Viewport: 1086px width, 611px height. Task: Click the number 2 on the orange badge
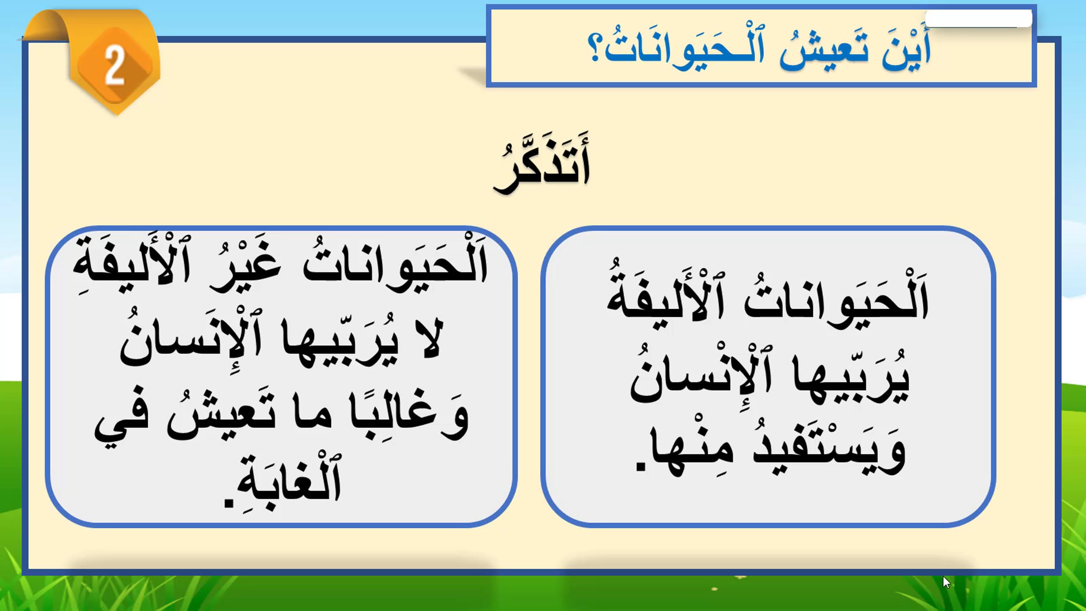(x=114, y=66)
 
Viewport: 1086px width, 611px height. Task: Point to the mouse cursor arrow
(x=946, y=582)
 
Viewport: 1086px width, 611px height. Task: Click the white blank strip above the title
(x=979, y=19)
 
